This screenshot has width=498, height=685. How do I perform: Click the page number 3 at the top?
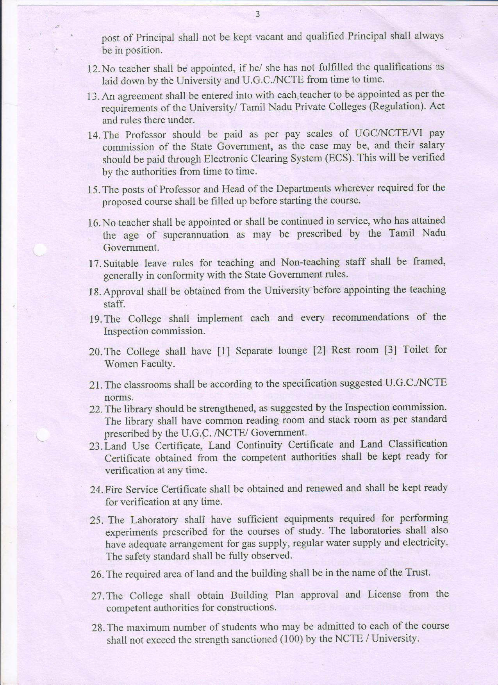(257, 15)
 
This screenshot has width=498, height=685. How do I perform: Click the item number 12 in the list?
(94, 69)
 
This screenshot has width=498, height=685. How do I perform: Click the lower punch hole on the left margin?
(42, 435)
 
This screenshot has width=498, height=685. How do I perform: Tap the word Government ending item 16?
(131, 248)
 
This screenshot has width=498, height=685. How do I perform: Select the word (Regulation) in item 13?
(395, 107)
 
